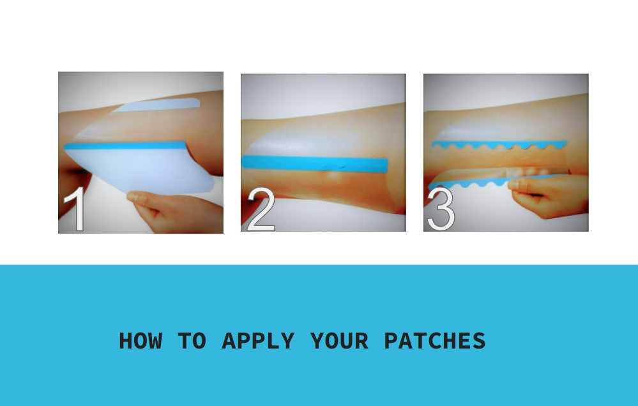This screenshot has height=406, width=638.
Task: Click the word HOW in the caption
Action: (x=141, y=340)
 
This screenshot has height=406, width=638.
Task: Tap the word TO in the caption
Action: (x=192, y=340)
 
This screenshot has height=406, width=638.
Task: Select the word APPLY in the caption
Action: (x=258, y=340)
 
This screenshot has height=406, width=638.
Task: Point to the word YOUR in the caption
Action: (x=339, y=340)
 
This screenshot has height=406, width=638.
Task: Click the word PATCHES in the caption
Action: (x=435, y=340)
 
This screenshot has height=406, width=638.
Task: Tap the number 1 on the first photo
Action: (x=76, y=209)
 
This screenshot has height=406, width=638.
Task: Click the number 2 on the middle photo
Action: (x=261, y=209)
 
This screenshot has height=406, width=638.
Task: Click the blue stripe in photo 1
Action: (x=125, y=146)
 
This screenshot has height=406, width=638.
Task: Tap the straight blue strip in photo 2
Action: (x=314, y=163)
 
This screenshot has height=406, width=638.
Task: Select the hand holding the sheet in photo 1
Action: (x=175, y=211)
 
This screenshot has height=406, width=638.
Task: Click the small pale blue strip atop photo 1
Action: (x=156, y=105)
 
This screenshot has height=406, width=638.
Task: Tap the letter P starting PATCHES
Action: (x=391, y=340)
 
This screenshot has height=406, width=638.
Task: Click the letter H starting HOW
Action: (x=125, y=340)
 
